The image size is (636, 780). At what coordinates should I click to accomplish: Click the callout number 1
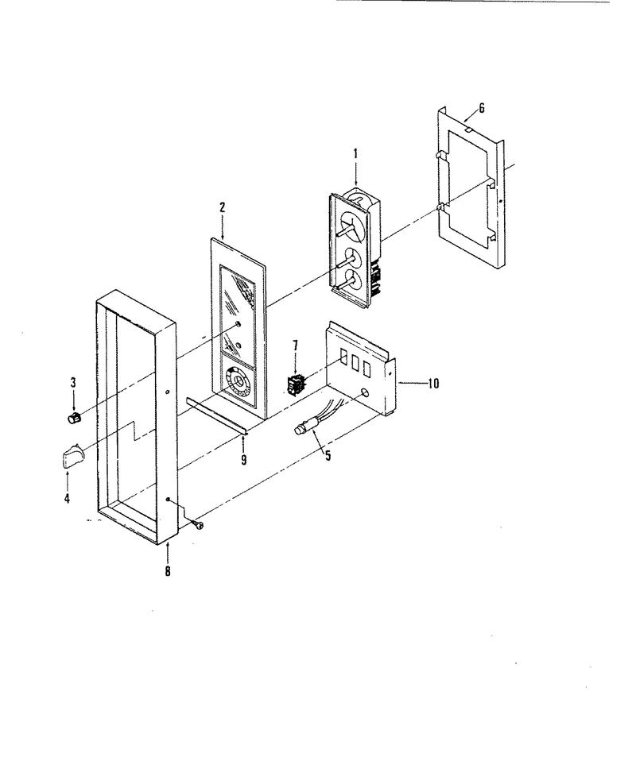(355, 154)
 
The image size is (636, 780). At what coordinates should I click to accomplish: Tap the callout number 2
(222, 207)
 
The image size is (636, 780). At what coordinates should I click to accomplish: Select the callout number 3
(73, 383)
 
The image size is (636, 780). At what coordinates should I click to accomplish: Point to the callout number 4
(68, 498)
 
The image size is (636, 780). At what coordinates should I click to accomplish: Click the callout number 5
(328, 454)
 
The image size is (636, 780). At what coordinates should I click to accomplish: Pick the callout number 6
(481, 108)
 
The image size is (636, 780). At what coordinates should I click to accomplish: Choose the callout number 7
(295, 345)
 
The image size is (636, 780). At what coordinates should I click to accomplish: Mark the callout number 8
(168, 571)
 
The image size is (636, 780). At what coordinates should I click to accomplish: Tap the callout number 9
(244, 460)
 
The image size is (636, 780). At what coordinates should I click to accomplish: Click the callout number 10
(433, 384)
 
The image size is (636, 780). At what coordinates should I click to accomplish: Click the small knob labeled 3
(74, 418)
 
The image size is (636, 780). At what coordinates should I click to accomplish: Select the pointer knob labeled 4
(72, 455)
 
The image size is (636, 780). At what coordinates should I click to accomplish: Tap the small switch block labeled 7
(297, 386)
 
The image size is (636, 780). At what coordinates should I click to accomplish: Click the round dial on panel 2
(238, 382)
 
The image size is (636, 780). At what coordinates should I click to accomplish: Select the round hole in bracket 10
(365, 392)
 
